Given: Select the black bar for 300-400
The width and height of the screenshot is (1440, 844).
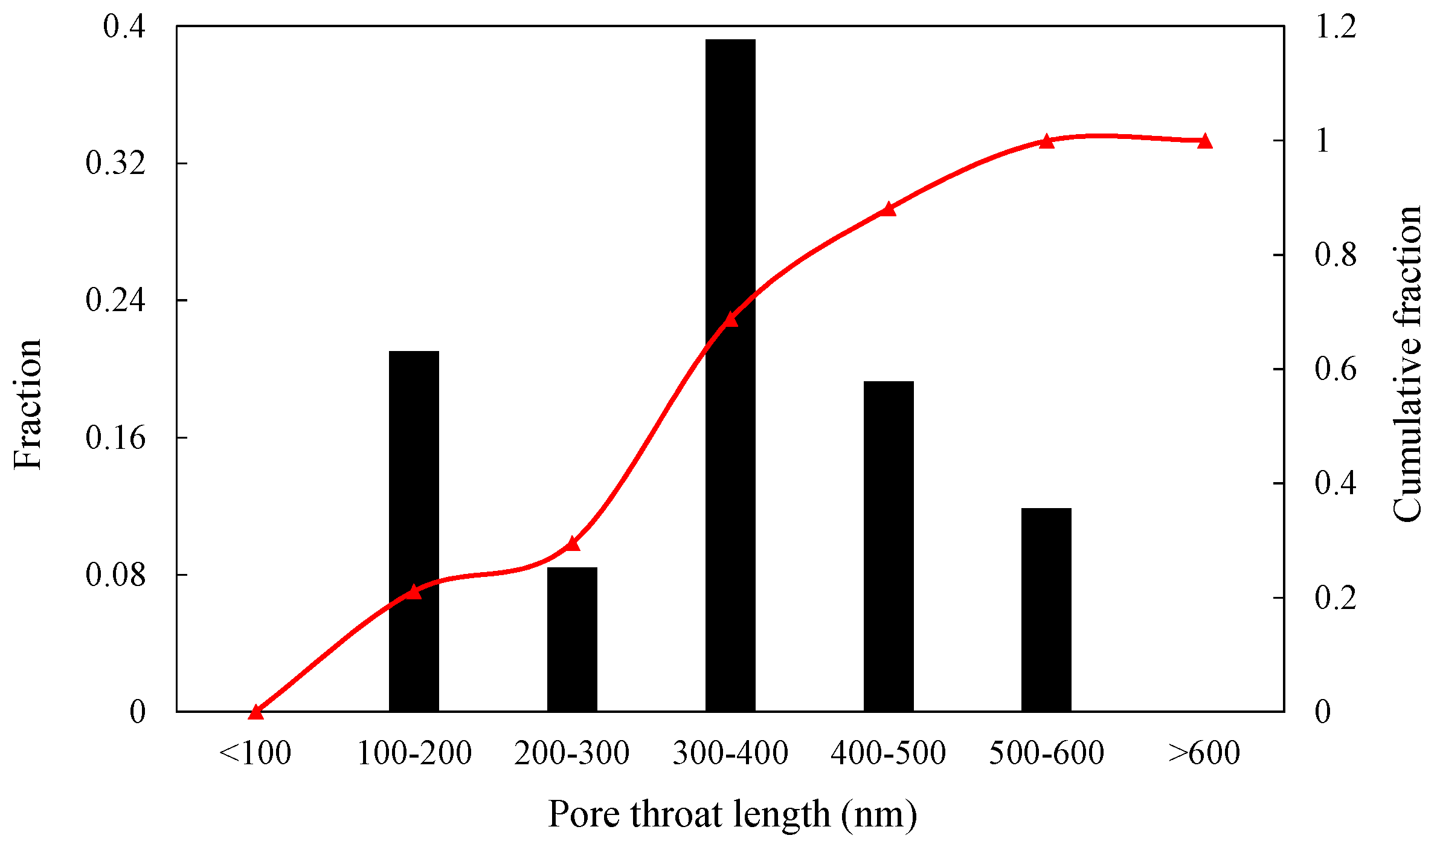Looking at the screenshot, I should click(x=730, y=375).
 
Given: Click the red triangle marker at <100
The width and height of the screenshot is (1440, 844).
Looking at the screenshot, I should click(x=256, y=712).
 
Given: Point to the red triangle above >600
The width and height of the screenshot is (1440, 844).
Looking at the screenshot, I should click(x=1204, y=141).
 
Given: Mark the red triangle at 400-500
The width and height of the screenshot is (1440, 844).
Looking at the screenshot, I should click(x=889, y=209).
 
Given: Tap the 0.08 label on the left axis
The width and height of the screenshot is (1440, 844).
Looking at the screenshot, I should click(x=115, y=575).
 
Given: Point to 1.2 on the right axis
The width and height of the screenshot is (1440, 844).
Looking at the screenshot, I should click(x=1336, y=27).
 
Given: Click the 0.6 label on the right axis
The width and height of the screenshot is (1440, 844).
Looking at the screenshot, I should click(x=1336, y=369).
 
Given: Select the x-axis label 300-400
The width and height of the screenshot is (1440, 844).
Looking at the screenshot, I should click(x=730, y=753).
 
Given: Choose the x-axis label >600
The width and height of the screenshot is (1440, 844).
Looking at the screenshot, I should click(x=1204, y=753).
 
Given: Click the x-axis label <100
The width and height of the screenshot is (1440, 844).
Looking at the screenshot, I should click(x=255, y=753).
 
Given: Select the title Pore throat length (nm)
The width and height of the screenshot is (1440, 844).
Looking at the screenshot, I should click(x=732, y=814).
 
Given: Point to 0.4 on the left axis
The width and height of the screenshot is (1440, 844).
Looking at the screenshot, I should click(x=124, y=27).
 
